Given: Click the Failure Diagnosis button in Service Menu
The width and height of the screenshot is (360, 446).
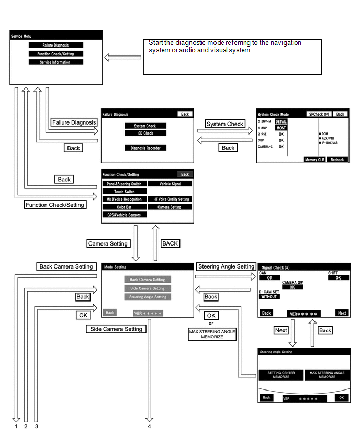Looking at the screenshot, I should point(56,46).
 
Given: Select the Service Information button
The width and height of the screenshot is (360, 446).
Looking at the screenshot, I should point(56,62).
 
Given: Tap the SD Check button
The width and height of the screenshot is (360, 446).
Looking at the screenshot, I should point(144,133).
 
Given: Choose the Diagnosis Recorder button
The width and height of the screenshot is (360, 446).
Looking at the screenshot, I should point(144,148).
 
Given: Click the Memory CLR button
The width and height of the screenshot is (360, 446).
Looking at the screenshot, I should point(314,159).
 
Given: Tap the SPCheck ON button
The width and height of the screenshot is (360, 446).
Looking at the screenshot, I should point(318,114).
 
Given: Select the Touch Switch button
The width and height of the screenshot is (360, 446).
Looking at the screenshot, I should point(125,192).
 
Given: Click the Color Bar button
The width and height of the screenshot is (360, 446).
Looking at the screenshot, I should point(125,207).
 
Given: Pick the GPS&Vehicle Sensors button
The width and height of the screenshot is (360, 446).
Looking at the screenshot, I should point(125,215).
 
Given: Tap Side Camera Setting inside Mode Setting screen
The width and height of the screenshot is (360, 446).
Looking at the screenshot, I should point(147,288).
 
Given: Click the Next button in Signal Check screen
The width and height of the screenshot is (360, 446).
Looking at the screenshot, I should point(342,313).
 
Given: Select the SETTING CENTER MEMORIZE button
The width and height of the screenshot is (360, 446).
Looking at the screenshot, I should point(281,375).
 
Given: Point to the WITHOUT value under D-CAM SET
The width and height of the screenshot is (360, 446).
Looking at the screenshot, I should point(269,297).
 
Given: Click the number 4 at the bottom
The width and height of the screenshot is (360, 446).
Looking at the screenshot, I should point(149,426).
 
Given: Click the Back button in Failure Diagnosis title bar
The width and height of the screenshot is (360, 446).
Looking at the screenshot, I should point(184,114).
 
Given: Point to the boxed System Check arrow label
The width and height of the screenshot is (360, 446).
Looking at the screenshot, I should point(224,124).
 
